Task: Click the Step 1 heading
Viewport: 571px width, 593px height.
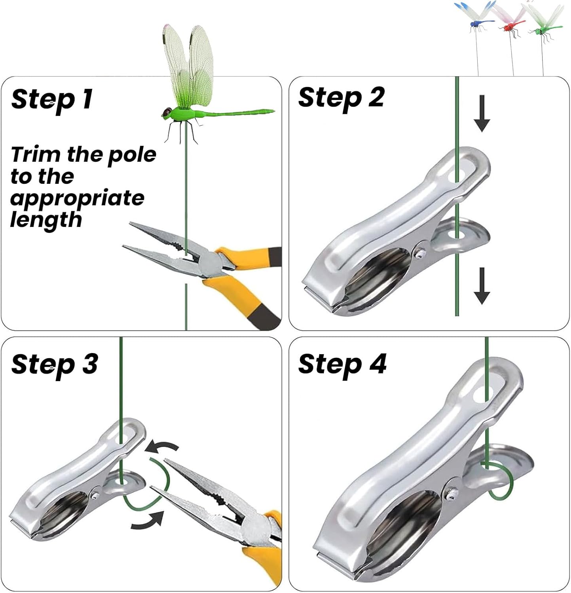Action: click(52, 99)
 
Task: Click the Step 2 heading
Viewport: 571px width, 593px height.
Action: click(341, 98)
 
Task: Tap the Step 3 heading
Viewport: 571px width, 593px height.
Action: click(55, 364)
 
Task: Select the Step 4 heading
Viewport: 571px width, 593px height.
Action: click(342, 364)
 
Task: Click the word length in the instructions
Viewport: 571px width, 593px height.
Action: click(46, 219)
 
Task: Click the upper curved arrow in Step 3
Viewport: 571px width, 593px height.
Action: click(162, 448)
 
